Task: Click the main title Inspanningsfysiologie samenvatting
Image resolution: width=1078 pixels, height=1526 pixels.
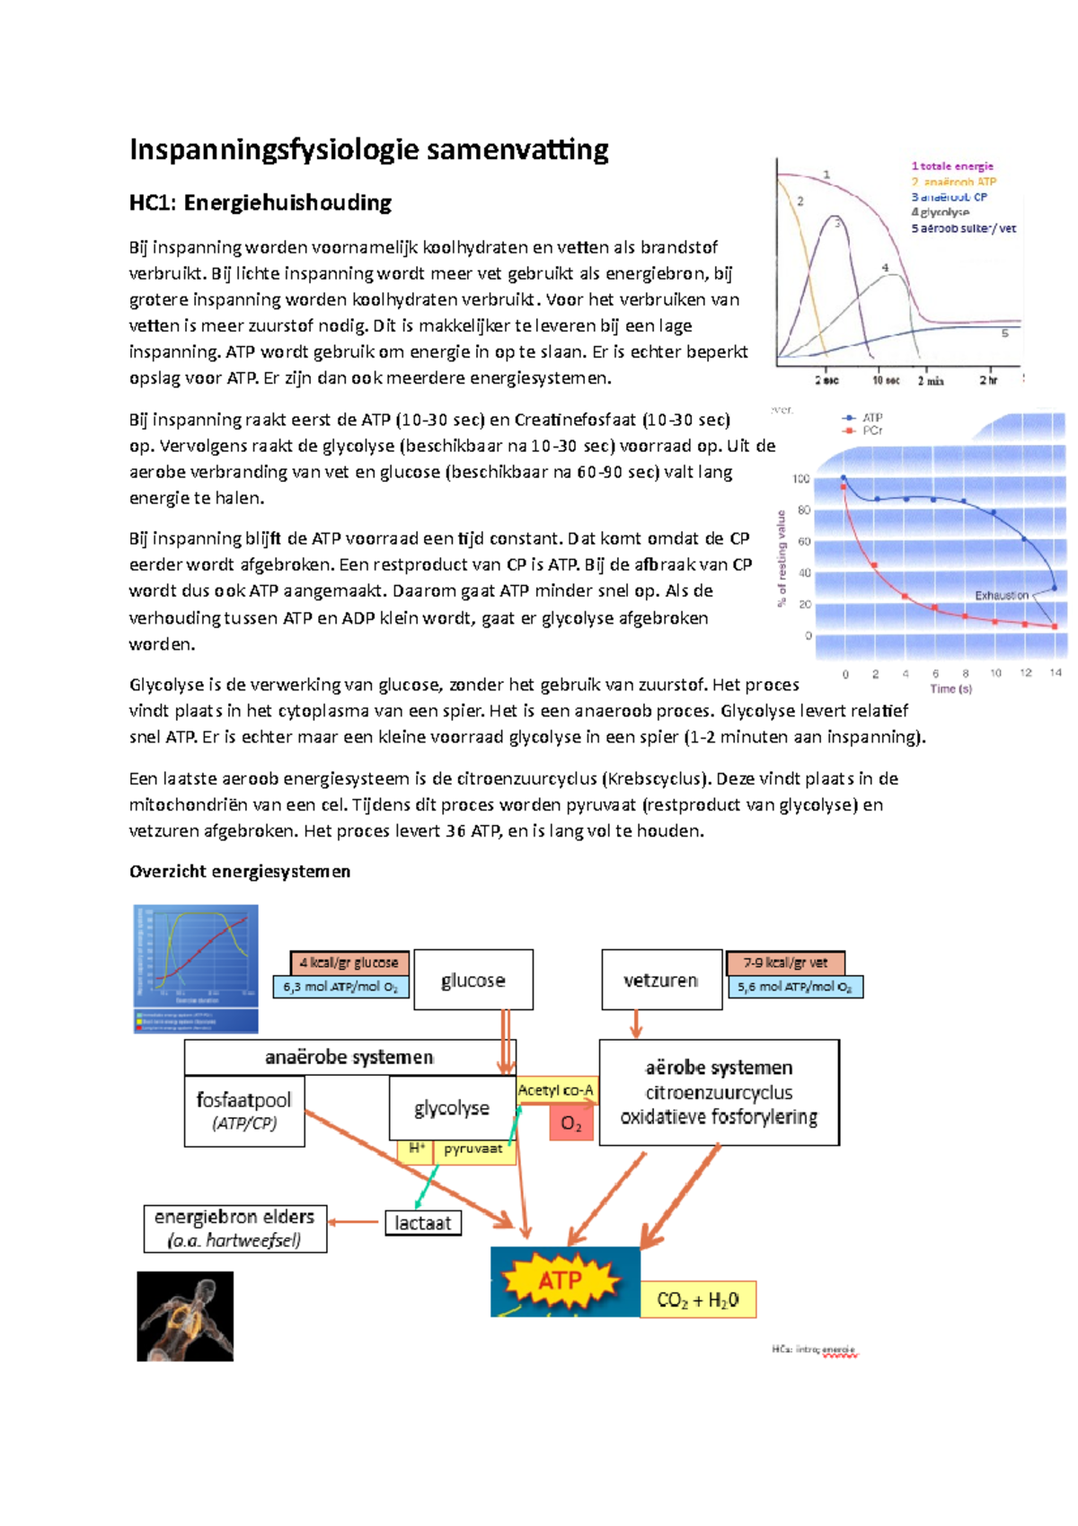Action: point(368,149)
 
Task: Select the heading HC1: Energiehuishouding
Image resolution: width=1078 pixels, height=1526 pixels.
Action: point(261,203)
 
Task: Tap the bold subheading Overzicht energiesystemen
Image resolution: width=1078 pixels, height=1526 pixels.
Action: point(240,871)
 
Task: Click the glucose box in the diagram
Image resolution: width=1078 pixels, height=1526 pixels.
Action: point(473,980)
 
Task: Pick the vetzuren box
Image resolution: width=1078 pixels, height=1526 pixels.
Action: point(661,980)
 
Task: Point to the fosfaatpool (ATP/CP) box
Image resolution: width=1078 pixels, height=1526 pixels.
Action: point(244,1112)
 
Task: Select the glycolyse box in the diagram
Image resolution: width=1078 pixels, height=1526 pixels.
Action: point(452,1108)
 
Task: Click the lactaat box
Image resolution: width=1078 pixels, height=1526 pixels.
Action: point(422,1222)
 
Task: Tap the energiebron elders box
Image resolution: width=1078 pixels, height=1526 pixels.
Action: point(234,1229)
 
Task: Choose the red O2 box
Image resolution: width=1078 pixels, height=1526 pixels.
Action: point(571,1123)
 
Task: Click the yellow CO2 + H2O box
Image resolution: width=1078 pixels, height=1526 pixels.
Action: point(698,1300)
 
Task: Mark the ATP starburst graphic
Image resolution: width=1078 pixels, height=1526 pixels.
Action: point(560,1281)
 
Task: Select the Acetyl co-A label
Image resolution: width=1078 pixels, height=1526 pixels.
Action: point(556,1090)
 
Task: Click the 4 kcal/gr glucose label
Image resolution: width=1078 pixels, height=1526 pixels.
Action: point(349,963)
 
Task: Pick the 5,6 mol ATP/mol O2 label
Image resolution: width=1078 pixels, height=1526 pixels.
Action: point(794,987)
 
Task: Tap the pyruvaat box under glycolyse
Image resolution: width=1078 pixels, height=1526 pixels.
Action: point(473,1149)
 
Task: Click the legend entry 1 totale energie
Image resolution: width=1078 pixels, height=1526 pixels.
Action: point(952,166)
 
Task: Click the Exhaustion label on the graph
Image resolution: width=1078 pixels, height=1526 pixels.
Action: point(1002,595)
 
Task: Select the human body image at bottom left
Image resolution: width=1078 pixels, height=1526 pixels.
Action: point(185,1316)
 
